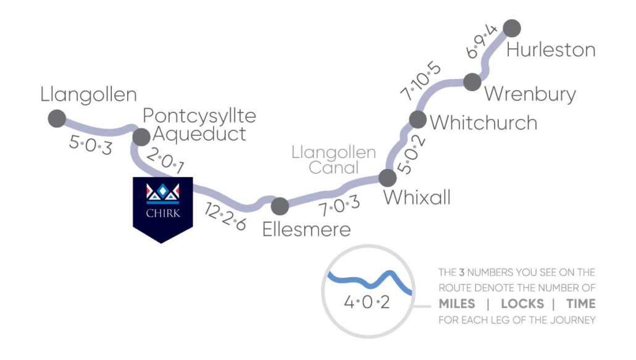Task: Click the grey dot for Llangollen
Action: pos(57,118)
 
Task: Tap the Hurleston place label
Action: pos(550,49)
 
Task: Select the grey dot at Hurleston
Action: pos(512,28)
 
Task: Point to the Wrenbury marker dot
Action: pos(472,82)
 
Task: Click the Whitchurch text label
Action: pos(483,122)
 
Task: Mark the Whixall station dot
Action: pos(387,178)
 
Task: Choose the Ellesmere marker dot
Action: pos(280,206)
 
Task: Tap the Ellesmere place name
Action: pos(306,229)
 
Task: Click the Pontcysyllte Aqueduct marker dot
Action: pos(141,136)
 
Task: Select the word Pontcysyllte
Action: pos(199,115)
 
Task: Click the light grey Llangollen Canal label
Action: pos(333,160)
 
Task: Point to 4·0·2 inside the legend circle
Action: pos(367,304)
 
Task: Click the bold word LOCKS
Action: pos(522,304)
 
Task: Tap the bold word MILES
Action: pos(457,304)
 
